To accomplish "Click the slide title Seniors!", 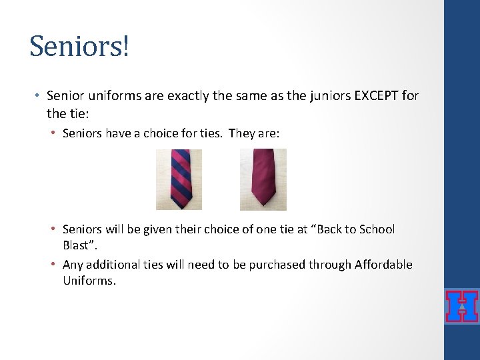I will coord(79,46).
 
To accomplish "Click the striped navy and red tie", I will coord(179,179).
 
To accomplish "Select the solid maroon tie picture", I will coord(263,179).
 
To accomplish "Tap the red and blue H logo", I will coord(461,307).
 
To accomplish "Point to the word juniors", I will coord(323,96).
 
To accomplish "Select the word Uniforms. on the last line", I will coord(89,281).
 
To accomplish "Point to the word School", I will coord(377,229).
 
